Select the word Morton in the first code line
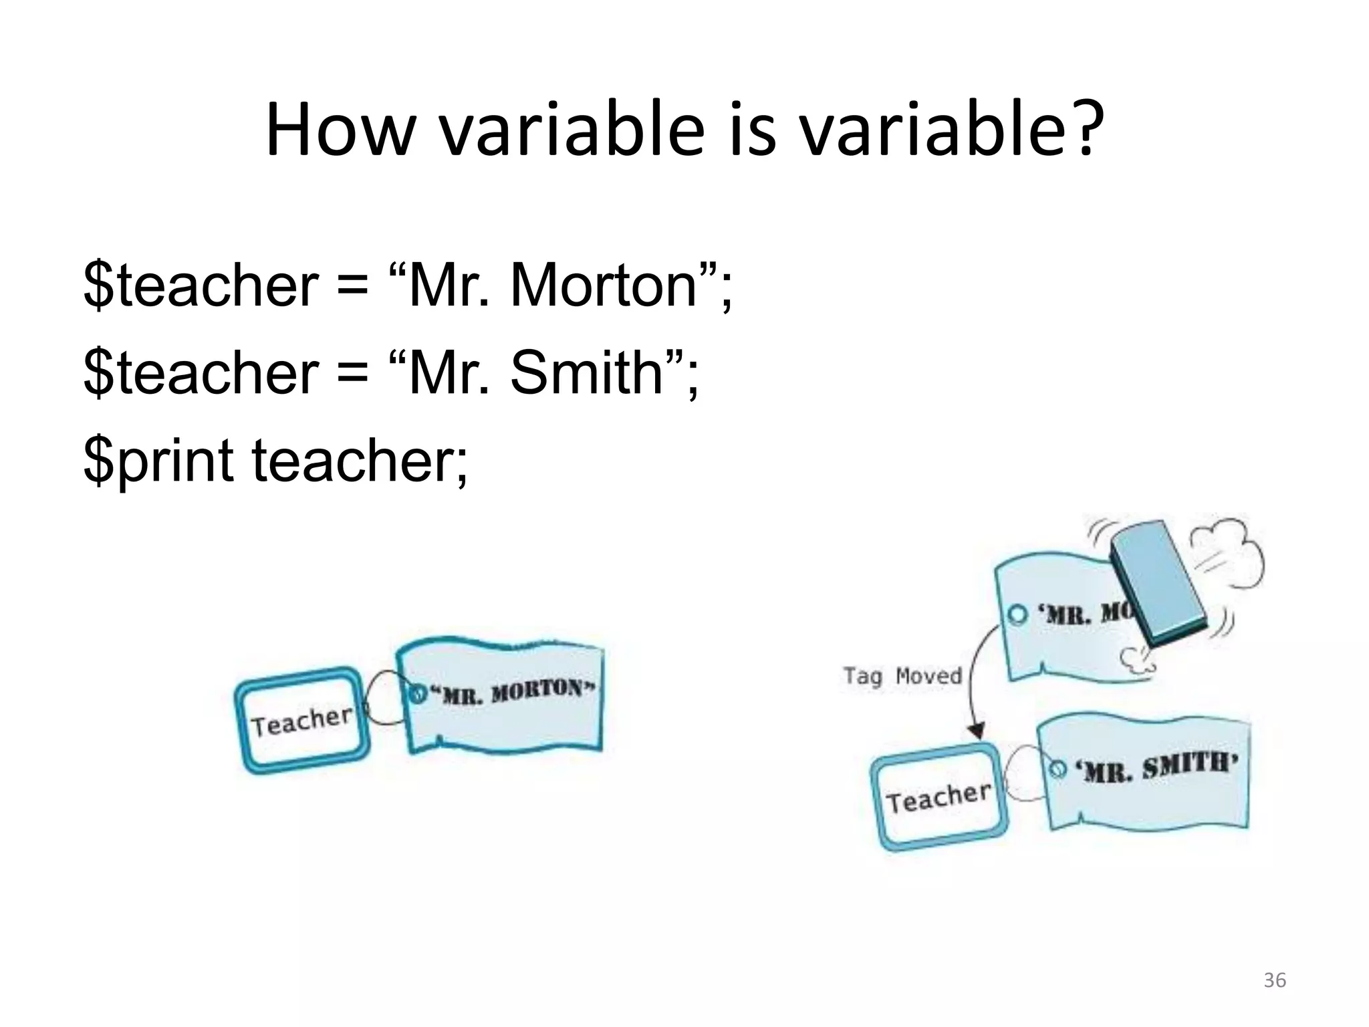click(x=604, y=286)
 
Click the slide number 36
click(x=1274, y=980)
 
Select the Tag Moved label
click(x=902, y=675)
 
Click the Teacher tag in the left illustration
click(x=302, y=721)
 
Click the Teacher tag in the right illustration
click(x=938, y=797)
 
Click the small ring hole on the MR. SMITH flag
click(x=1057, y=769)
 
